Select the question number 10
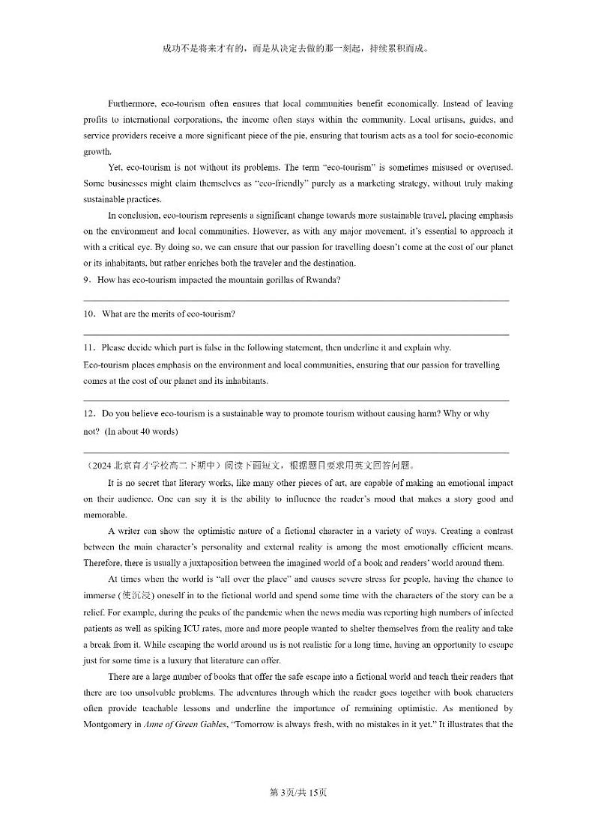point(88,314)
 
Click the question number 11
point(88,347)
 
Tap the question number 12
point(88,413)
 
